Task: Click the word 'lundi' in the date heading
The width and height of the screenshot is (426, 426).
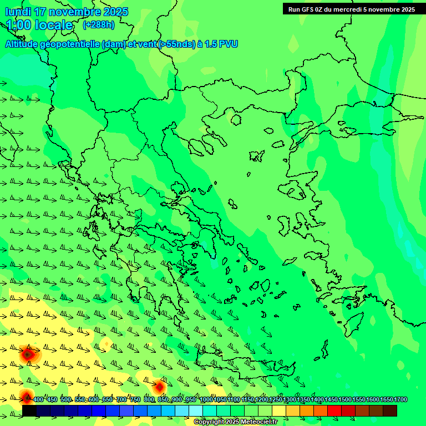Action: (x=17, y=12)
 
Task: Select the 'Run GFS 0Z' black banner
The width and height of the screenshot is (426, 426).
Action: (x=351, y=9)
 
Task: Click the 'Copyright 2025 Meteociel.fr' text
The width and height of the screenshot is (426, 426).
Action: (x=235, y=422)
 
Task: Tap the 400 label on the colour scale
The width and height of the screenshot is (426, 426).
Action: (x=38, y=400)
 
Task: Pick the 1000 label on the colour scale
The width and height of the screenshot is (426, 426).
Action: (x=206, y=400)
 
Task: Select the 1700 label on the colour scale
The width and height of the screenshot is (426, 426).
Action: (x=400, y=400)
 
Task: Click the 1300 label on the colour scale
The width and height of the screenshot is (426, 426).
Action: (x=290, y=400)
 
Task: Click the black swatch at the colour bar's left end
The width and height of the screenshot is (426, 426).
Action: (x=29, y=410)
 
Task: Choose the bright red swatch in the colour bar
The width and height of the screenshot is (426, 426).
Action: (x=334, y=410)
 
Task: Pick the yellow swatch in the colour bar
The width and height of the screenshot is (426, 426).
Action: (x=279, y=410)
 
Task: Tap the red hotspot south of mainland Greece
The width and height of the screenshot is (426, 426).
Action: (x=160, y=387)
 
